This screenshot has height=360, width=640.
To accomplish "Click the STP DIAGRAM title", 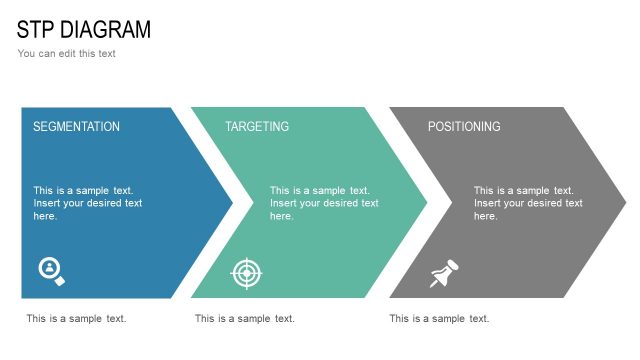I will (84, 29).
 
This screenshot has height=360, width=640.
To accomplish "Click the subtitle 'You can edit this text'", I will (66, 53).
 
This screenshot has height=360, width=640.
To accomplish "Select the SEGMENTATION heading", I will (76, 127).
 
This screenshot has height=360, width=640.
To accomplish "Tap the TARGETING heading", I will (257, 127).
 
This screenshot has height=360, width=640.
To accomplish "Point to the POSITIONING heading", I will (464, 127).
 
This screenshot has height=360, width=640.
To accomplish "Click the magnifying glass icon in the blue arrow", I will (51, 271).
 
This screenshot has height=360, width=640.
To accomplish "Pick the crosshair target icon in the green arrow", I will (246, 272).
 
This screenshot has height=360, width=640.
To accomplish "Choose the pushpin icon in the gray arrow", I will (443, 273).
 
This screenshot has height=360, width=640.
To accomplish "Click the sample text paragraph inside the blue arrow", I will (88, 203).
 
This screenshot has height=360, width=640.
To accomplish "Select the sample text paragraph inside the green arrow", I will (324, 203).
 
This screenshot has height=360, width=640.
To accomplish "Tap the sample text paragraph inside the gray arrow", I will (528, 203).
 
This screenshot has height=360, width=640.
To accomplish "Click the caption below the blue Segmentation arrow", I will (76, 319).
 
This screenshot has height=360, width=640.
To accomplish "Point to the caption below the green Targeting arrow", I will (245, 319).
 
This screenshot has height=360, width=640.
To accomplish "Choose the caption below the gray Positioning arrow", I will (439, 319).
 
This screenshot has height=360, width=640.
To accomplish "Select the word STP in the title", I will (34, 29).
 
